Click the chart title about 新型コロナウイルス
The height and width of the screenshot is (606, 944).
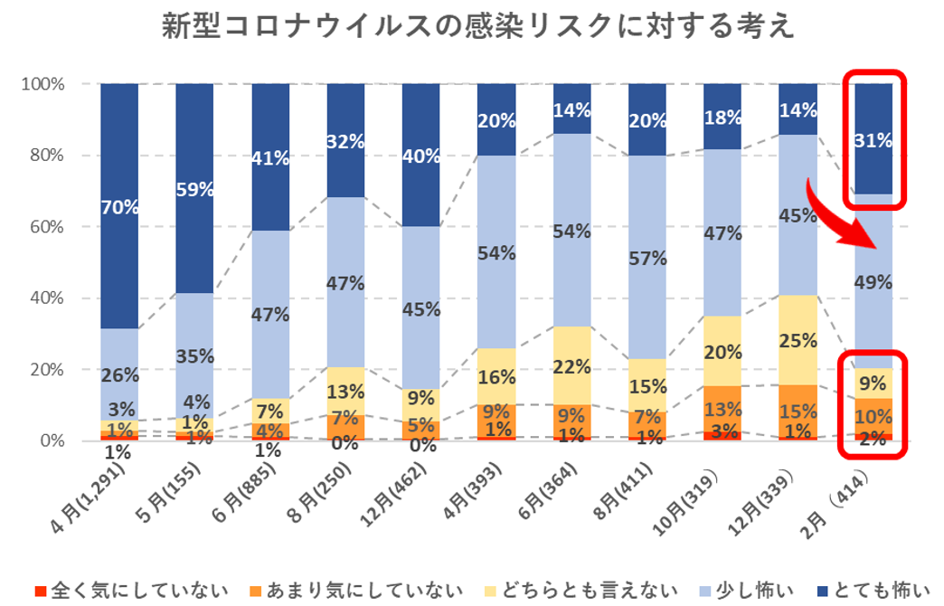[x=478, y=26]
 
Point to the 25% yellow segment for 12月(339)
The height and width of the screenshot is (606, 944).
[x=798, y=340]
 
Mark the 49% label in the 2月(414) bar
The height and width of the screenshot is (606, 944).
[x=873, y=282]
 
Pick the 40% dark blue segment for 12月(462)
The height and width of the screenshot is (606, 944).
[x=420, y=156]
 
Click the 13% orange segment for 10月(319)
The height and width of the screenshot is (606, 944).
[x=722, y=409]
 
